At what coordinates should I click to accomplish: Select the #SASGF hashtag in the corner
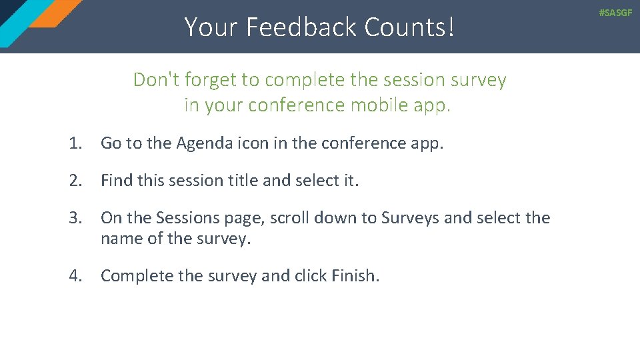615,13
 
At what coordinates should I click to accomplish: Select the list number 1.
75,143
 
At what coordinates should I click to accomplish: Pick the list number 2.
75,181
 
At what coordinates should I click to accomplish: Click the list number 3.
75,218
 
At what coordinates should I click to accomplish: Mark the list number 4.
75,276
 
